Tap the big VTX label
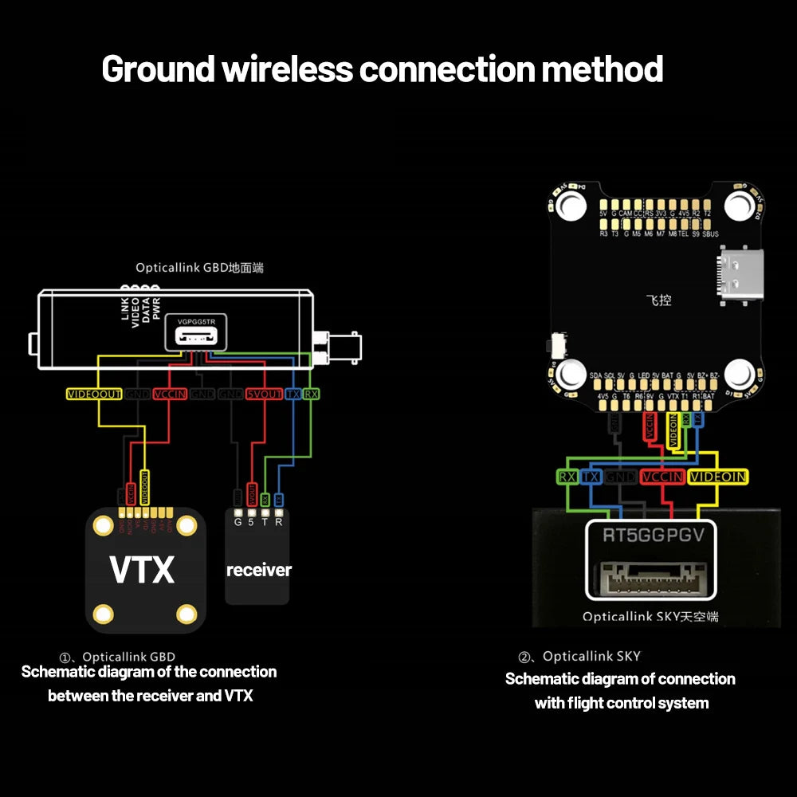pos(142,570)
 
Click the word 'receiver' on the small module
pos(258,570)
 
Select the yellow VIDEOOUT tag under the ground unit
pos(94,394)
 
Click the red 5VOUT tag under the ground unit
pos(263,394)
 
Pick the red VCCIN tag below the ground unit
pos(169,394)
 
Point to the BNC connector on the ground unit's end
pos(339,347)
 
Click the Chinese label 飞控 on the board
pos(658,301)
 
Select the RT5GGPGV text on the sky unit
pos(653,535)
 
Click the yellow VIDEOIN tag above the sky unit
pos(717,477)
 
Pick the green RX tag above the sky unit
pos(567,477)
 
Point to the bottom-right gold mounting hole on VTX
pos(186,613)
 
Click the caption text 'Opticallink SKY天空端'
pos(650,616)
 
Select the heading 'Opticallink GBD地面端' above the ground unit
pos(199,268)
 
